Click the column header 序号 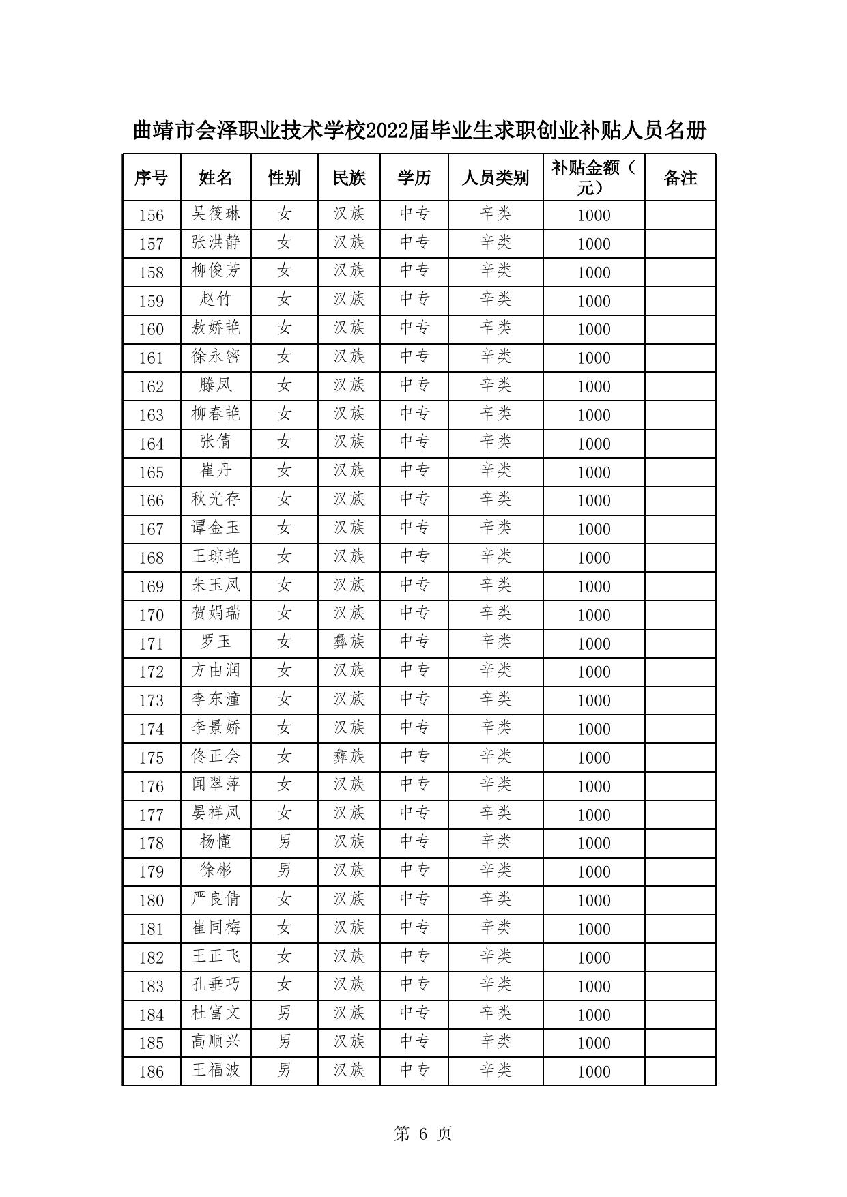[x=151, y=178]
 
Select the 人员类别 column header [x=495, y=178]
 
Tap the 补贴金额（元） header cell [x=593, y=177]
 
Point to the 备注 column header [x=680, y=178]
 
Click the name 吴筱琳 [x=216, y=214]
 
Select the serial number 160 [x=151, y=330]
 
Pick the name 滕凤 [x=216, y=386]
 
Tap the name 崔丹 [x=216, y=471]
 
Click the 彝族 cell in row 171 [x=349, y=642]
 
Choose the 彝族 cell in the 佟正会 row [x=349, y=757]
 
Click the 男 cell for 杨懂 [x=284, y=842]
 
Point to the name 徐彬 [x=216, y=871]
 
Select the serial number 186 [x=151, y=1071]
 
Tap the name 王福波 [x=216, y=1070]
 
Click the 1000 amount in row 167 [x=593, y=530]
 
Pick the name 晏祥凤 [x=216, y=813]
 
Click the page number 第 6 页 [x=423, y=1134]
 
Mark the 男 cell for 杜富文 [x=284, y=1013]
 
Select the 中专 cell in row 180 [x=414, y=899]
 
